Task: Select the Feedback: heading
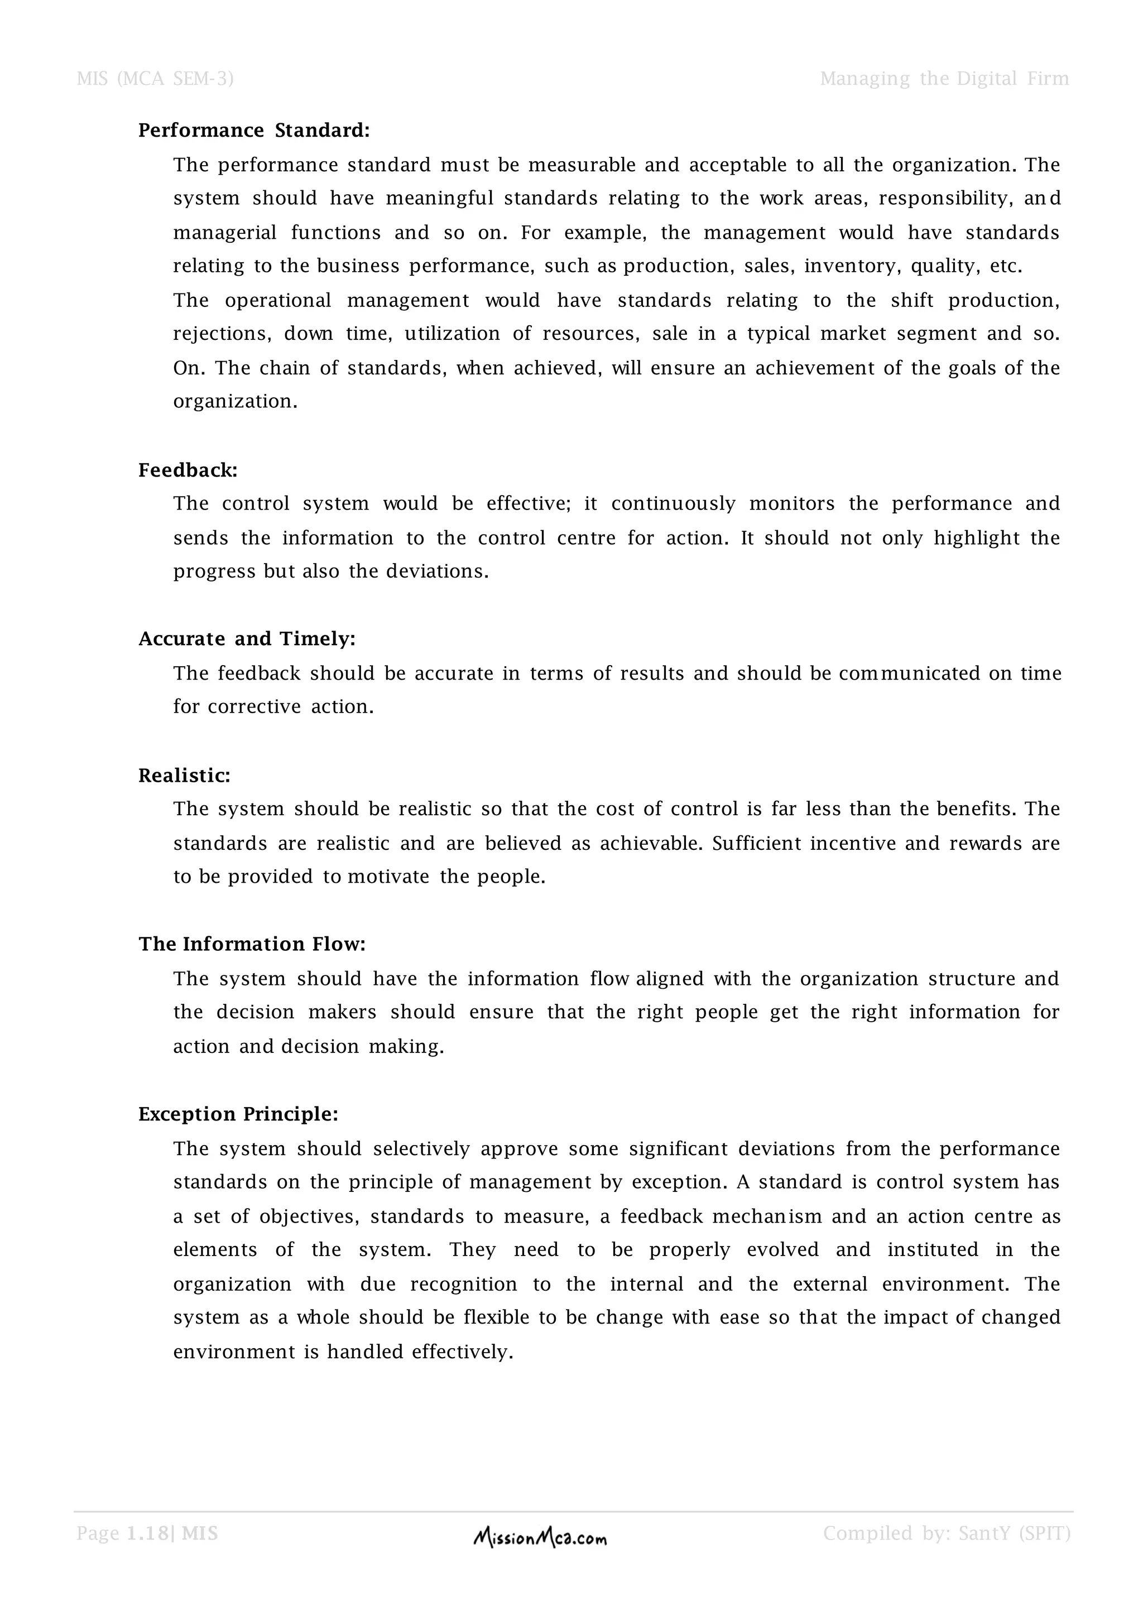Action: (188, 470)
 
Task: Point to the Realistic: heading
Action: (184, 776)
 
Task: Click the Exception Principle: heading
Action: (238, 1114)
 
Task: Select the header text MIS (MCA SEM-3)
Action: (155, 79)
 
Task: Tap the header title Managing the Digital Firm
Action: (944, 79)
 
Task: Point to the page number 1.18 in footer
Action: (147, 1533)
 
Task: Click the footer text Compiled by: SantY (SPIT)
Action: (946, 1533)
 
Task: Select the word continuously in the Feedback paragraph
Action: (673, 504)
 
